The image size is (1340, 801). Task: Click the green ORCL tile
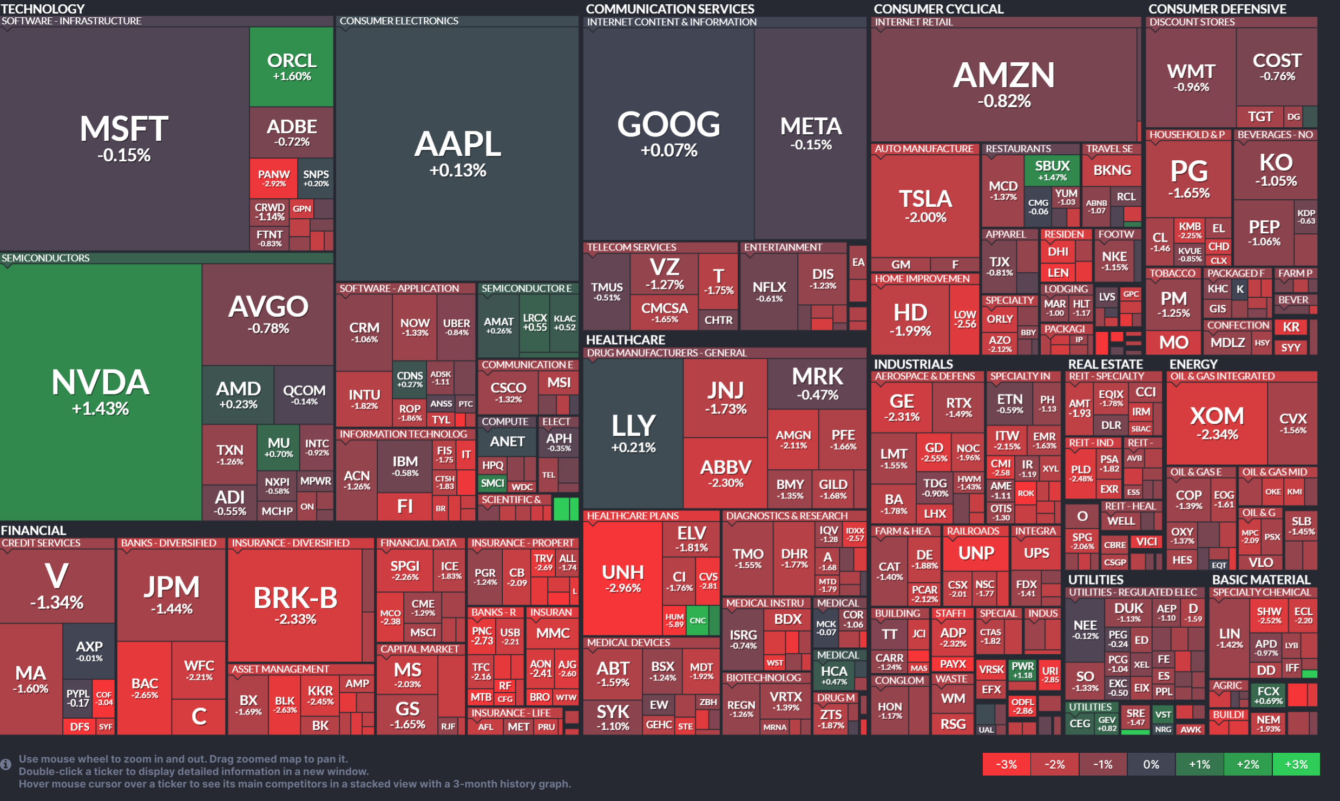(x=291, y=67)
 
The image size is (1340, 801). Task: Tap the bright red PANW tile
(x=273, y=178)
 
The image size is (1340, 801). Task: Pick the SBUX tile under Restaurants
(x=1052, y=170)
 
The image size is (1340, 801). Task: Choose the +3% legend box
(x=1296, y=764)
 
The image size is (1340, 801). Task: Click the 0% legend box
(x=1151, y=764)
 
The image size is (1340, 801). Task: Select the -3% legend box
(x=1006, y=764)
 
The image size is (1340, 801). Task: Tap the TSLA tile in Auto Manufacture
(x=925, y=206)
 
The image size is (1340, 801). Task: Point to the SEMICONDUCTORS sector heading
(x=45, y=258)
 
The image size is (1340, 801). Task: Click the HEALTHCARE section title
(x=625, y=340)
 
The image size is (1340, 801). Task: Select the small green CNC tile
(x=698, y=621)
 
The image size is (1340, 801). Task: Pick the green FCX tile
(x=1268, y=695)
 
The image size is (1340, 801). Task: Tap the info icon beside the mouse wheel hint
(x=6, y=764)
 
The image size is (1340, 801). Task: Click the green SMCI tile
(x=492, y=483)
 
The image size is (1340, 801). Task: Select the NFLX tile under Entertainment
(x=768, y=291)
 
